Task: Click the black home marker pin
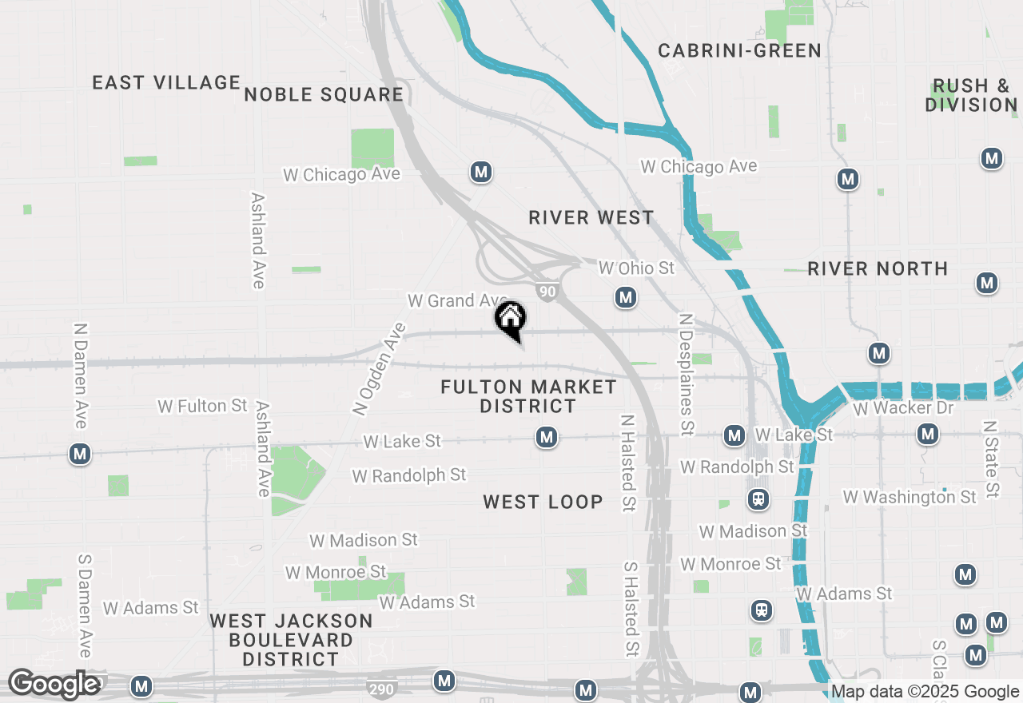511,321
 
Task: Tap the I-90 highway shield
547,292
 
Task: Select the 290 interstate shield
380,687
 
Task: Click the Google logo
54,684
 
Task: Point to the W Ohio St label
636,268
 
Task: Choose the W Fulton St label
202,406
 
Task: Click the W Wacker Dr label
903,408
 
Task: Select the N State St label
991,459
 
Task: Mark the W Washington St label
910,497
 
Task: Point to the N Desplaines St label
685,374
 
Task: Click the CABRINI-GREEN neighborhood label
739,51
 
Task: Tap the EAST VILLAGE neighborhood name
166,82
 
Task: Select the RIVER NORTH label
878,268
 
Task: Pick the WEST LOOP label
543,502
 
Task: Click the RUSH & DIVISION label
971,96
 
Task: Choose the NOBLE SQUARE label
324,95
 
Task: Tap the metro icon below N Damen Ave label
79,455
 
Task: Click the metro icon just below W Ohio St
626,298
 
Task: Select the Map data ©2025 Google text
925,692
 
